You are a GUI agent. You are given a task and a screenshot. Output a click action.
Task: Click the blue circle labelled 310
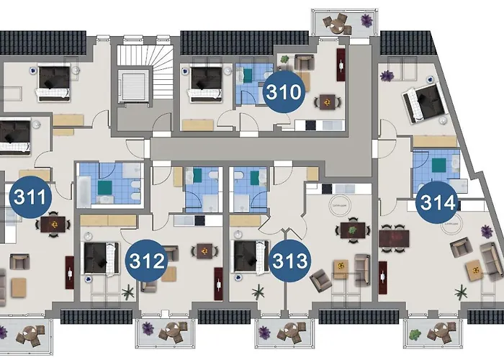tap(283, 92)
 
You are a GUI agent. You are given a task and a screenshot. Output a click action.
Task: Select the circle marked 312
tap(146, 260)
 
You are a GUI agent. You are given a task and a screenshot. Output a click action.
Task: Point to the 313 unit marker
tap(290, 260)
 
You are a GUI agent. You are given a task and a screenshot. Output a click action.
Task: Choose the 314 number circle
tap(439, 202)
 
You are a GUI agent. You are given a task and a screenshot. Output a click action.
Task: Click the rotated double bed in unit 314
tap(423, 102)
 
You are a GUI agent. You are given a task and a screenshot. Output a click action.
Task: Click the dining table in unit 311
tap(53, 225)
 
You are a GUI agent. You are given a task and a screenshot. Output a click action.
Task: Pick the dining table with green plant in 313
tap(353, 231)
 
